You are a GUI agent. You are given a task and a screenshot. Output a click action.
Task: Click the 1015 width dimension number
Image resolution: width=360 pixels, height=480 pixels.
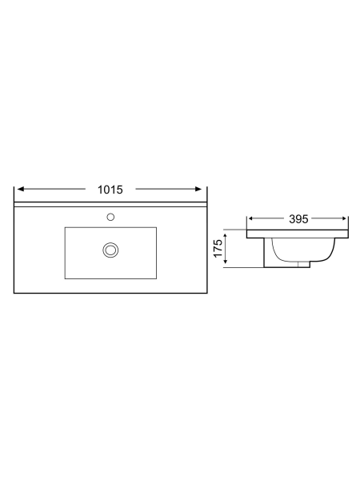click(110, 190)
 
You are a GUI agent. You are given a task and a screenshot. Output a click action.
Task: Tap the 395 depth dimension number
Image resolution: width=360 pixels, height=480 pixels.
click(298, 218)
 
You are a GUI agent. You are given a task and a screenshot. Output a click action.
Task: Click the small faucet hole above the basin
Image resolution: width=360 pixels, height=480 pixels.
click(110, 216)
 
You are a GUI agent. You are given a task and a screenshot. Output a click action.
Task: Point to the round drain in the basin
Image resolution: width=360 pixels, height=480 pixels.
click(110, 250)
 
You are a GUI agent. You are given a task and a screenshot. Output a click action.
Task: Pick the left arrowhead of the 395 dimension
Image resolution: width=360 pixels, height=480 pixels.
click(251, 218)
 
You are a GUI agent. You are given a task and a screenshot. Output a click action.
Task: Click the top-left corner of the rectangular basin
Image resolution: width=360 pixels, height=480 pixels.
click(65, 227)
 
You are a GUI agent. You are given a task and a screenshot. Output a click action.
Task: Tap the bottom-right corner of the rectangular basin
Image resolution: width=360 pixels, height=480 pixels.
click(156, 278)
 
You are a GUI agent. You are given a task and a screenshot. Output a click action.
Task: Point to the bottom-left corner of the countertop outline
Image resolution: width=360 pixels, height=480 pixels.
click(16, 293)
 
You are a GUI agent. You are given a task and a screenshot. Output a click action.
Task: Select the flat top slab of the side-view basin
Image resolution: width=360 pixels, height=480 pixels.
click(298, 234)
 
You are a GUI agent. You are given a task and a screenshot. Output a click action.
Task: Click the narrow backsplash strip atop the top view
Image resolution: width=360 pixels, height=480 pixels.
click(110, 204)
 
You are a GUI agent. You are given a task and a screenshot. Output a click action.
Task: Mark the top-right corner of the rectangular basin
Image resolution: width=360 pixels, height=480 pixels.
click(156, 227)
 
